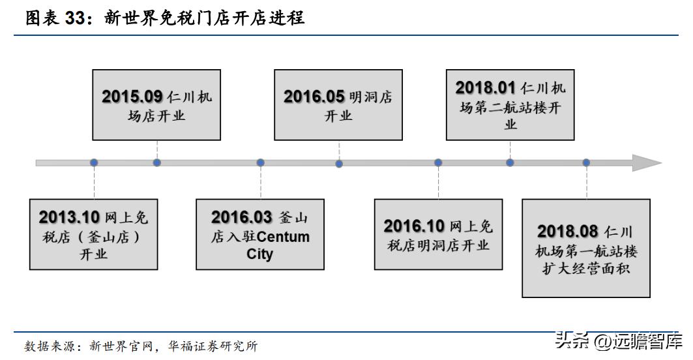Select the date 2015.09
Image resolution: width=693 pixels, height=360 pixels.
[x=132, y=97]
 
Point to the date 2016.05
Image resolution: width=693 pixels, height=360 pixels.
[x=314, y=97]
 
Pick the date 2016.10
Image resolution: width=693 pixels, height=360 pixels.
[x=414, y=226]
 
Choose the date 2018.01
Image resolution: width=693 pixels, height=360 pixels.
[x=486, y=88]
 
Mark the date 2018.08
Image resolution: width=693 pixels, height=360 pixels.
[x=568, y=232]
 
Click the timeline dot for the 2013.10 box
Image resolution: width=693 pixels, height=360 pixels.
[x=95, y=162]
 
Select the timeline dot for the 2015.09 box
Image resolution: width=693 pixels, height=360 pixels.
[x=156, y=162]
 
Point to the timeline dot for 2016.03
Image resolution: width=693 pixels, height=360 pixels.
[x=261, y=162]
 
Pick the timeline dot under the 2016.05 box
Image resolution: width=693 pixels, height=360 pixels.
[x=339, y=163]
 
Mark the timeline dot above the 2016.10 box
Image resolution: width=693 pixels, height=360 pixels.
[x=438, y=162]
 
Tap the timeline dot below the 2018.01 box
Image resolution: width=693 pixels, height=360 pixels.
[x=510, y=162]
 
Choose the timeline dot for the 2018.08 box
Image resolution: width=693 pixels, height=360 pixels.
[x=586, y=162]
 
